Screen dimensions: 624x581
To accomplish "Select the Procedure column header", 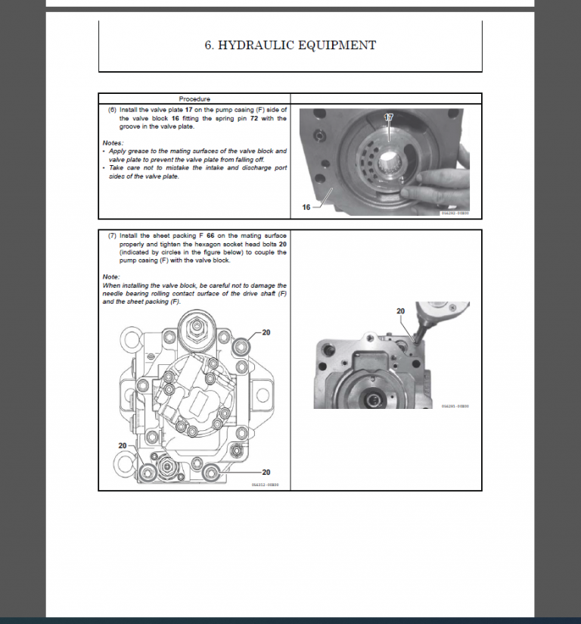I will point(194,98).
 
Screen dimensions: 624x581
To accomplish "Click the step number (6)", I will point(112,110).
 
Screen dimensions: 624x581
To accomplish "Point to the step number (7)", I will point(112,236).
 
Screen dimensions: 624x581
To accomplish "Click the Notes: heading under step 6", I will point(113,142).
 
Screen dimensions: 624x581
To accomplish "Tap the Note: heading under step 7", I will point(111,276).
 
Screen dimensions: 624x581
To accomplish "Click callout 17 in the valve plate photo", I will point(389,117).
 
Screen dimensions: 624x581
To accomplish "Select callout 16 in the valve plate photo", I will point(306,207).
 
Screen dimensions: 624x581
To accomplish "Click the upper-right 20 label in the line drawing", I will point(266,332).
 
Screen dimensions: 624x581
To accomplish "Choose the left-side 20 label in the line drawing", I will point(123,445).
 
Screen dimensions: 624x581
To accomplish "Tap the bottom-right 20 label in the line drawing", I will point(266,473).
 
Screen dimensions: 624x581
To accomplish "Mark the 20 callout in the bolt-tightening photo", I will point(401,311).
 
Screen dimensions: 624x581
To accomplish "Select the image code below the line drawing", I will point(265,485).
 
